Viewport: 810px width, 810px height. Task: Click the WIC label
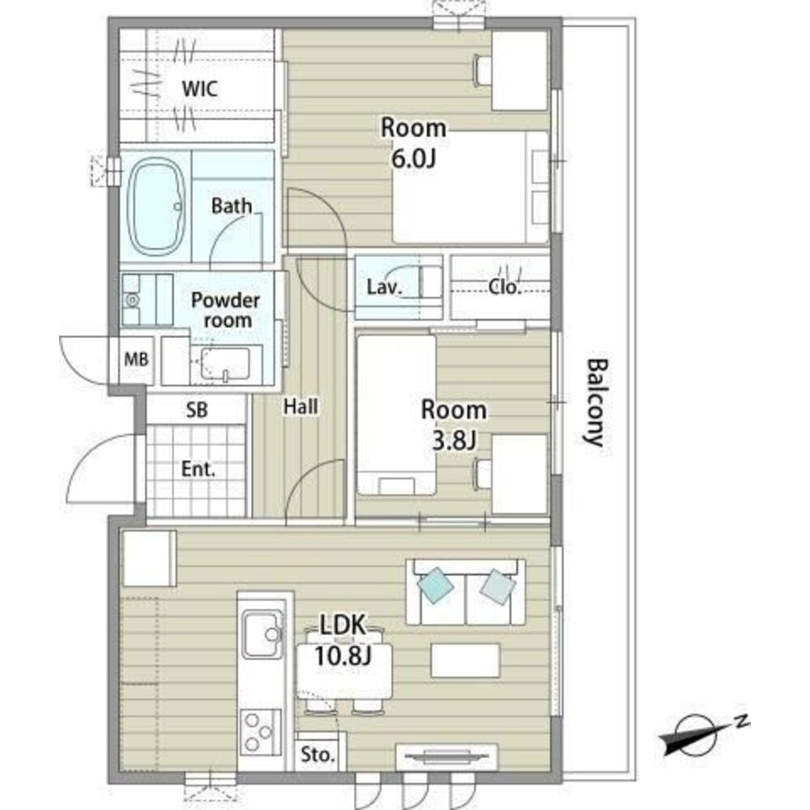199,89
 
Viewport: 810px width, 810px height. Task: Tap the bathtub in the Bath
156,207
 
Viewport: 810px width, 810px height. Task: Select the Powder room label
226,310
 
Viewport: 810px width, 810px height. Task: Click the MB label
136,359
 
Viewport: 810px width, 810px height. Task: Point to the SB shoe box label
197,410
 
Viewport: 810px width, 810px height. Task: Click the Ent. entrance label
198,469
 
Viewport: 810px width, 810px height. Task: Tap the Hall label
301,407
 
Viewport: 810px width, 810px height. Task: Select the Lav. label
384,287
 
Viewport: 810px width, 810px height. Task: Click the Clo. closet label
504,287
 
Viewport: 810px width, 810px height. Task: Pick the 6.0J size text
414,159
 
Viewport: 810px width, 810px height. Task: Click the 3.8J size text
454,440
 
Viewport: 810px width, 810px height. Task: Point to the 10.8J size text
343,656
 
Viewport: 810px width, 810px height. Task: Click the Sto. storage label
318,755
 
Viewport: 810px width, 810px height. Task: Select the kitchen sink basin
263,634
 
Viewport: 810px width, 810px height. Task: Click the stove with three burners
260,732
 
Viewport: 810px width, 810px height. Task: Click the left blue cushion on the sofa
436,585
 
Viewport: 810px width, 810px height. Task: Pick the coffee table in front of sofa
466,660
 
